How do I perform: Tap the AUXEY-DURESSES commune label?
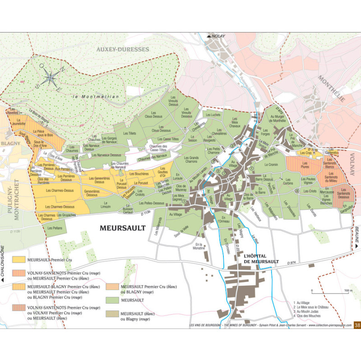[122, 49]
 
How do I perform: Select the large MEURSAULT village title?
[123, 228]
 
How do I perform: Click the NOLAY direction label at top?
[216, 36]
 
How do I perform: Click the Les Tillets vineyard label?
[130, 134]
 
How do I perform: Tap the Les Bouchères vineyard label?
[139, 174]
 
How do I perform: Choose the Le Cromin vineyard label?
[272, 165]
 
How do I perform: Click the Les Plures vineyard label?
[305, 167]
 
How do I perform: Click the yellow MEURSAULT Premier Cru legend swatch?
[19, 260]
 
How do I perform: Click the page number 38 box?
[357, 324]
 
